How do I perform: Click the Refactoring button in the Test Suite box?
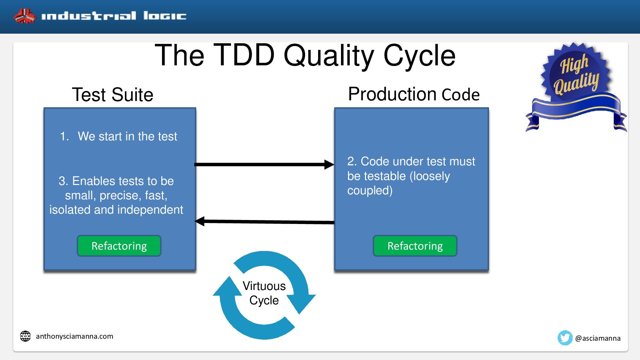(119, 246)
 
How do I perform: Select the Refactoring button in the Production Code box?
(415, 246)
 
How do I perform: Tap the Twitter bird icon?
(565, 338)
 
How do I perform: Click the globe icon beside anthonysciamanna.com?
(25, 336)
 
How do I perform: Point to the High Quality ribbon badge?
(576, 87)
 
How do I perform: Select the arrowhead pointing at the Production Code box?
(329, 164)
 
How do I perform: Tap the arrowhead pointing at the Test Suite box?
(199, 221)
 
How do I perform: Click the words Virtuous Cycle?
(264, 293)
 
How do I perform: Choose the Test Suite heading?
(113, 95)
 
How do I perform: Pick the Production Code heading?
(414, 94)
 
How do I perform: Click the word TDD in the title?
(244, 55)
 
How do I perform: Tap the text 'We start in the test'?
(127, 136)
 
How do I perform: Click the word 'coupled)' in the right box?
(370, 190)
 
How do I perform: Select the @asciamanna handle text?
(598, 338)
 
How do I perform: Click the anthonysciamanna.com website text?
(75, 336)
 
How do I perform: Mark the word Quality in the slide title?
(329, 56)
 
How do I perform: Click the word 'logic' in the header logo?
(165, 16)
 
